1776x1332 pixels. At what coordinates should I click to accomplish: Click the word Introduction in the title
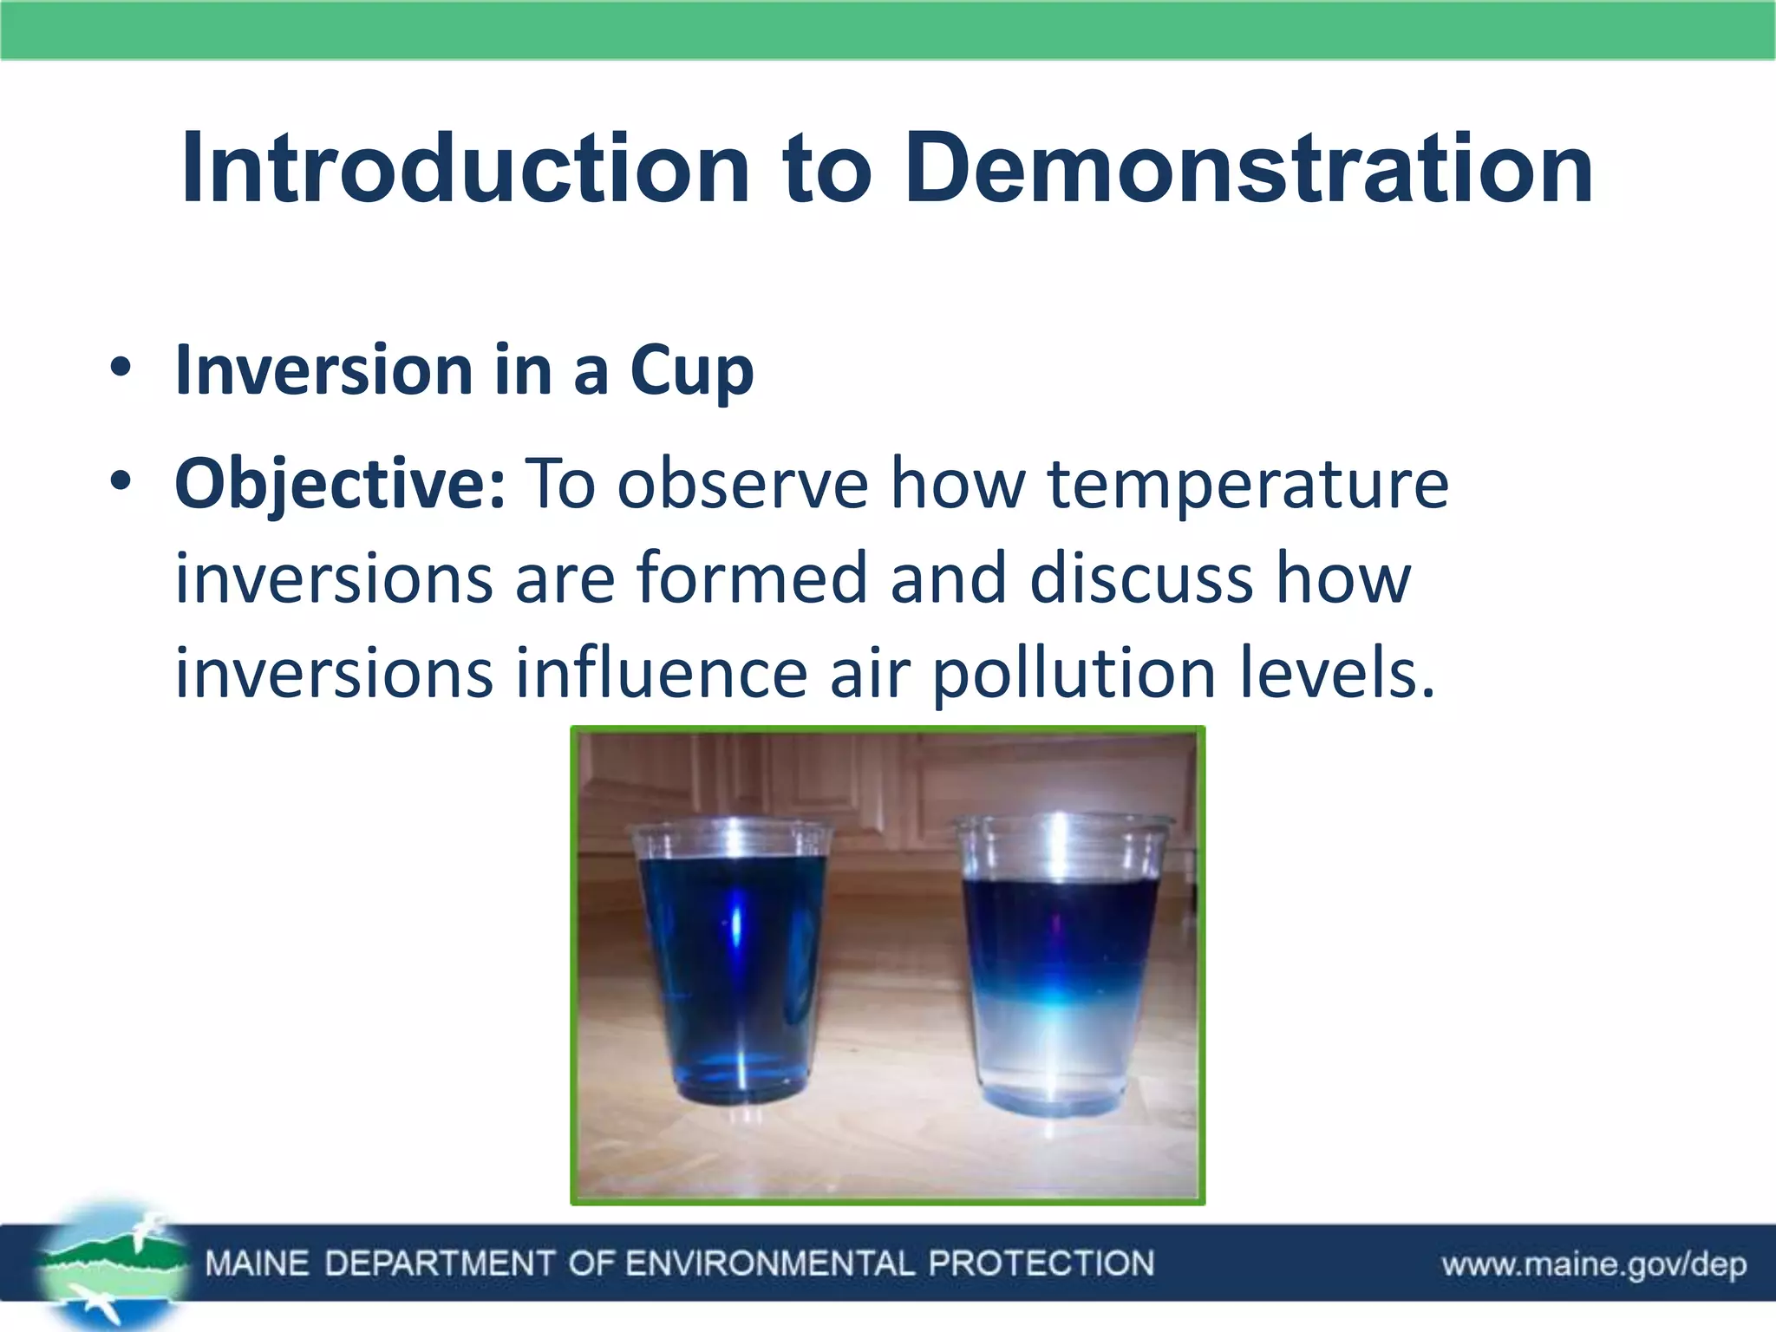point(465,169)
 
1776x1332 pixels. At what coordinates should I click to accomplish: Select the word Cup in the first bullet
point(691,371)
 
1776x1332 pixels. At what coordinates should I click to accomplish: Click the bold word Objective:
point(339,484)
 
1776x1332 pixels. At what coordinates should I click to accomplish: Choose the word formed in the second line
point(751,578)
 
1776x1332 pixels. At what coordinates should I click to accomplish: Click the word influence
point(662,673)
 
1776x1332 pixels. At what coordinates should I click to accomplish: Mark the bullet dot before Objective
point(121,482)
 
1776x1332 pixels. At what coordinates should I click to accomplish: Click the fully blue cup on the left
point(733,963)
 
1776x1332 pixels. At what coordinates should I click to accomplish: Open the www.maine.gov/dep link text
point(1594,1264)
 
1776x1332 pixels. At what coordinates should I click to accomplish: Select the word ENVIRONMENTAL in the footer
point(769,1263)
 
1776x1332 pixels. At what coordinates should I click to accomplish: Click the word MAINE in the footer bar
point(257,1263)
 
